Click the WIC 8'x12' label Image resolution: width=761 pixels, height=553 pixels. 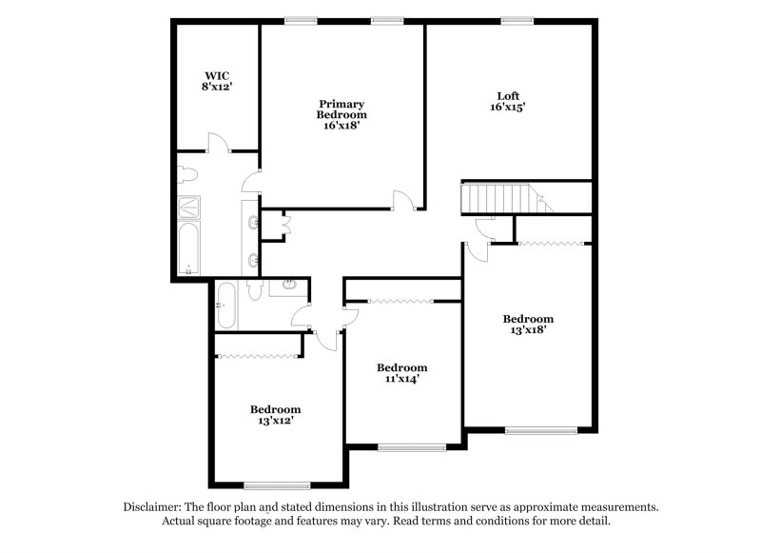(x=217, y=80)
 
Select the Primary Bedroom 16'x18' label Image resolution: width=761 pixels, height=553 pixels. (x=342, y=113)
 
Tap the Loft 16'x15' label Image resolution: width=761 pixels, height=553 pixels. (x=508, y=101)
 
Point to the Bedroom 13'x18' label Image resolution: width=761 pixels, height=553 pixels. (x=528, y=325)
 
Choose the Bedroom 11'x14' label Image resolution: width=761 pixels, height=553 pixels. (x=401, y=373)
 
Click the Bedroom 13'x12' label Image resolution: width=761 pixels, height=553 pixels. (x=275, y=415)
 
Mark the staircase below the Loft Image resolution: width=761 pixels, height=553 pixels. (x=500, y=200)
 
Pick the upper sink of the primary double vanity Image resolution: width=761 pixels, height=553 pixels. (x=252, y=223)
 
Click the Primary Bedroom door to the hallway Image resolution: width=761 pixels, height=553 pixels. (x=405, y=201)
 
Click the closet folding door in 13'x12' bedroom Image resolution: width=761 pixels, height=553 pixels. (x=260, y=356)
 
